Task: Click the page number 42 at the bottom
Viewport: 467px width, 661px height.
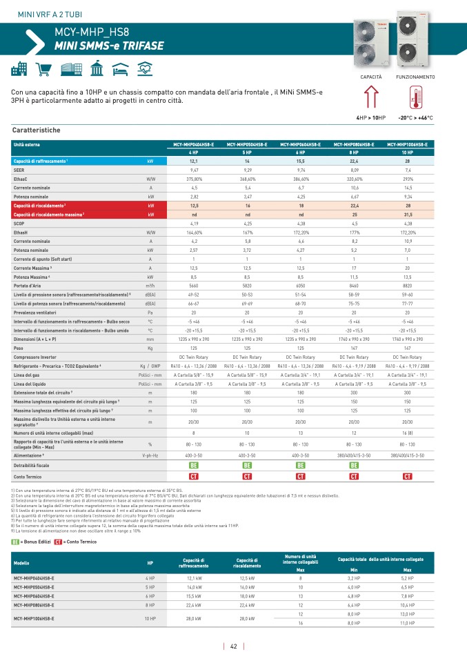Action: coord(234,647)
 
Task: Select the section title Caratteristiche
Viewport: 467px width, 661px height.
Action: coord(37,130)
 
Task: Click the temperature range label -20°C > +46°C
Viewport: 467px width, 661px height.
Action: coord(415,118)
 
